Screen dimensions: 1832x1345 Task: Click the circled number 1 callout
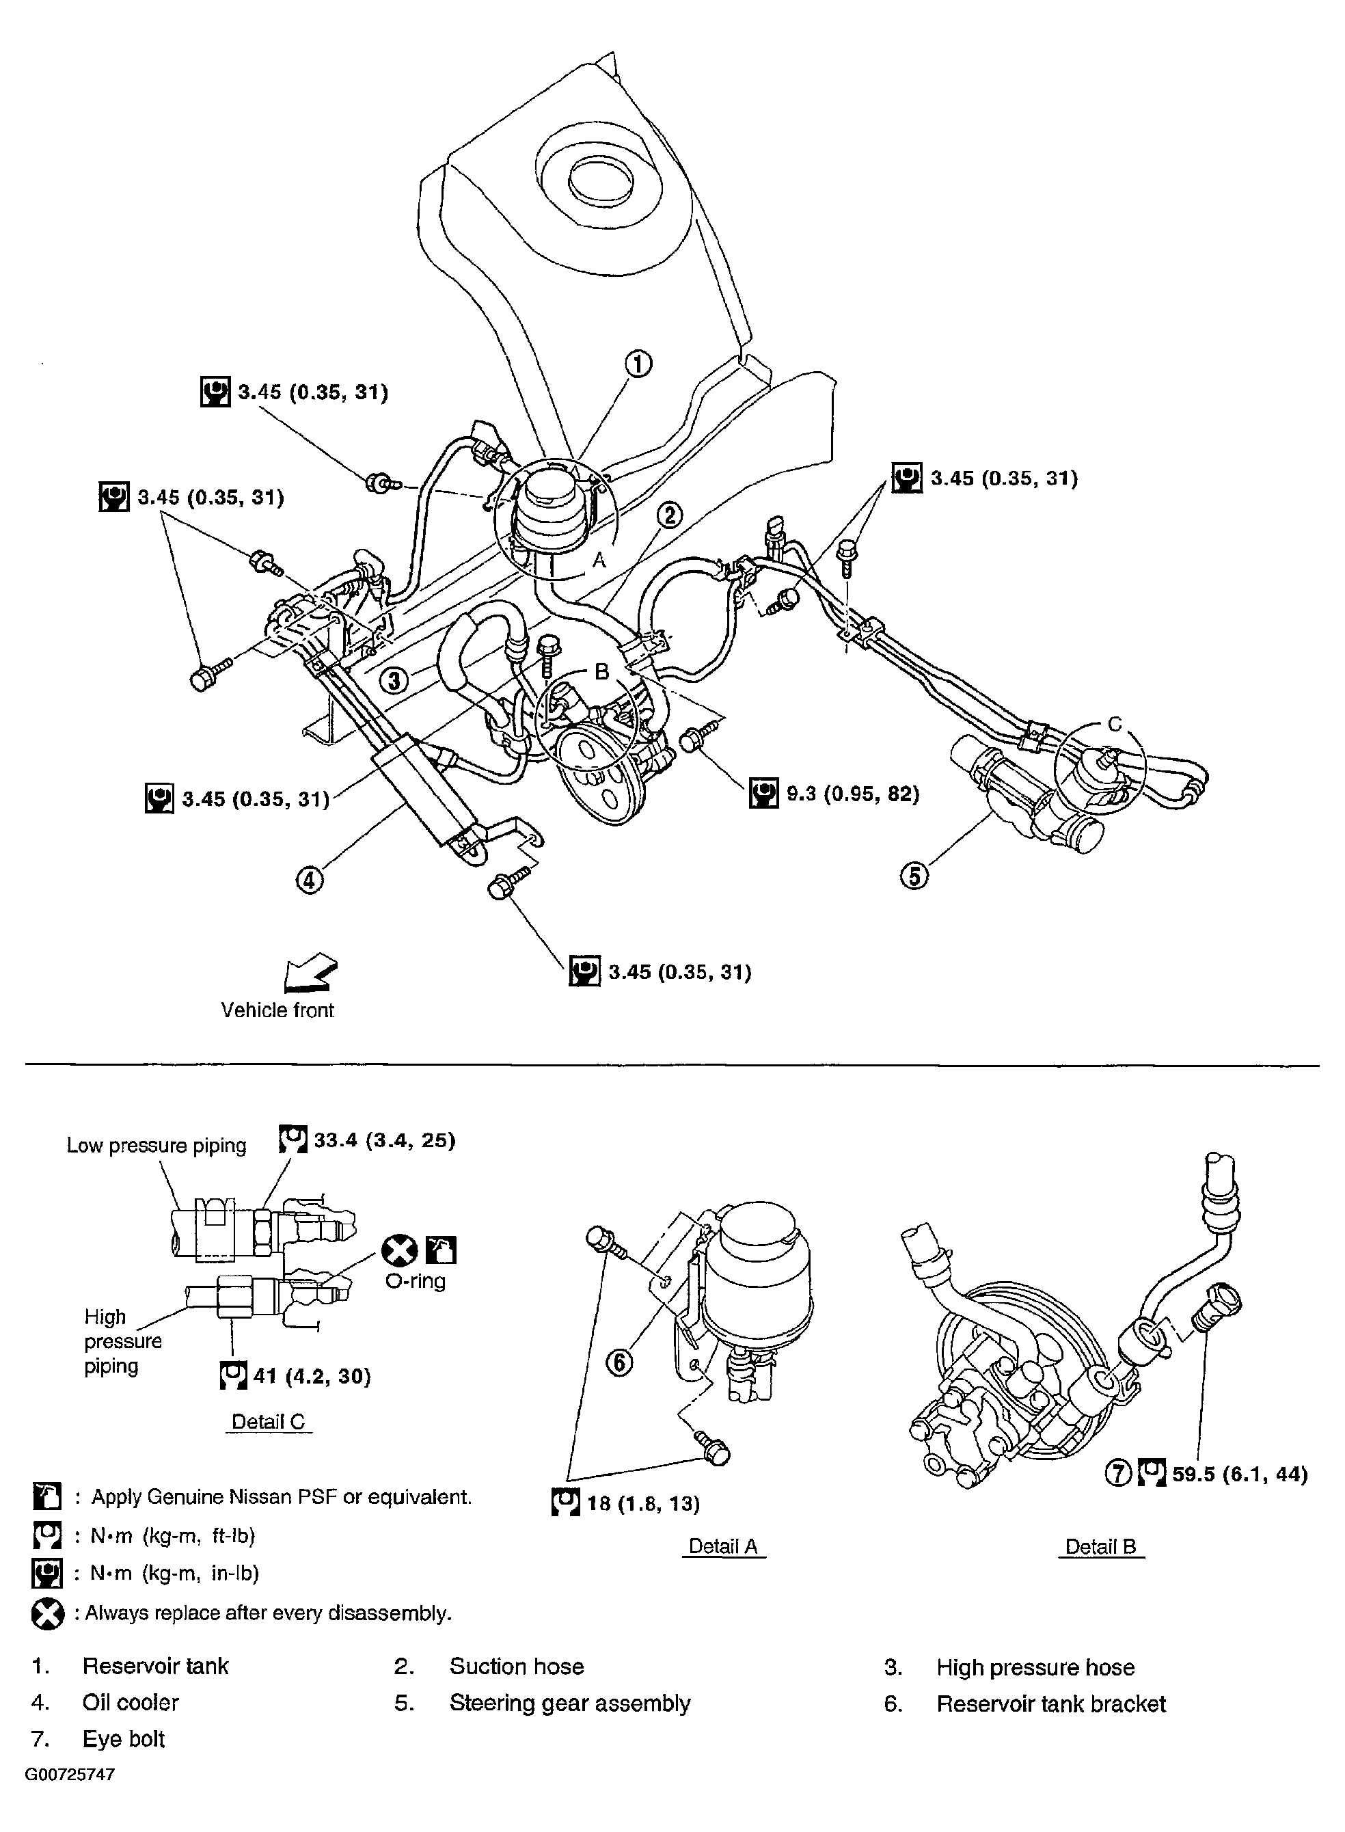pyautogui.click(x=638, y=363)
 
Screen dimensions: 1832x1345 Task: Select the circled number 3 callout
pyautogui.click(x=395, y=679)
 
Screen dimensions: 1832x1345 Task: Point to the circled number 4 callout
pyautogui.click(x=310, y=880)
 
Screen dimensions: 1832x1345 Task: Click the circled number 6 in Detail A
pyautogui.click(x=620, y=1362)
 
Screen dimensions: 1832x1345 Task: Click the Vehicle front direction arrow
pyautogui.click(x=311, y=972)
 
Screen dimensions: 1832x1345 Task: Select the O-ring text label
pyautogui.click(x=416, y=1281)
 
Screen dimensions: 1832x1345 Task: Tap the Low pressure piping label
pyautogui.click(x=157, y=1146)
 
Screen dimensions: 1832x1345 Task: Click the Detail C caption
pyautogui.click(x=268, y=1422)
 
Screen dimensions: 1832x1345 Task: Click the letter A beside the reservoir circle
pyautogui.click(x=599, y=560)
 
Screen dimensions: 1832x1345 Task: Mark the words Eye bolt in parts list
pyautogui.click(x=123, y=1739)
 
